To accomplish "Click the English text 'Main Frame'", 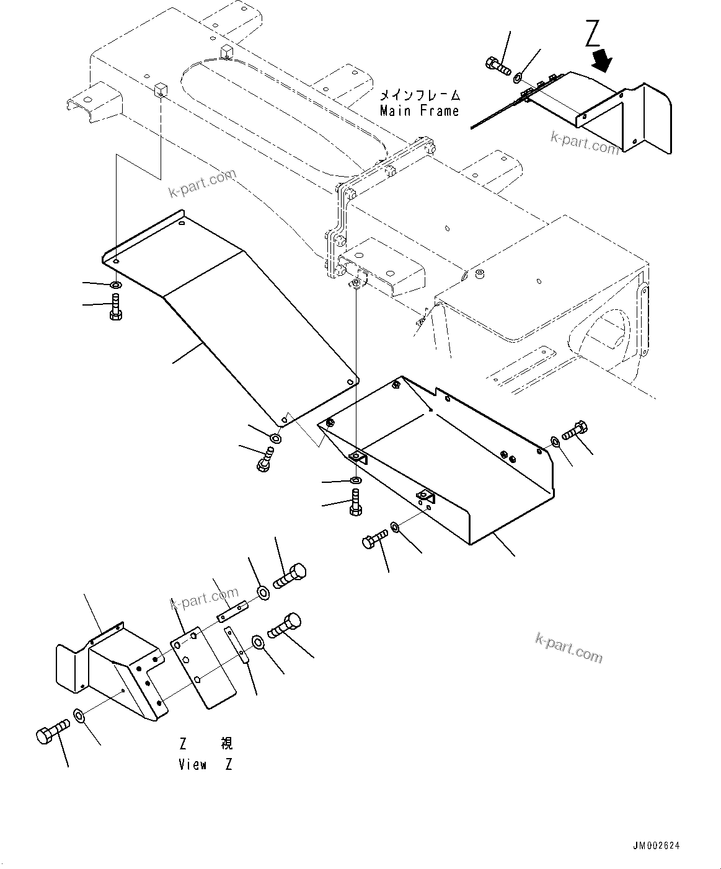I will (420, 112).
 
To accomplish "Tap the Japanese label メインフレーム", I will (420, 95).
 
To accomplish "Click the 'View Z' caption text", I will (205, 764).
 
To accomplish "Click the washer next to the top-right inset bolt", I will (517, 77).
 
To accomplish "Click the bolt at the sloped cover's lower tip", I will (265, 459).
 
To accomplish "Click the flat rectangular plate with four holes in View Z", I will (205, 669).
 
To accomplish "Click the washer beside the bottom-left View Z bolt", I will (79, 716).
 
